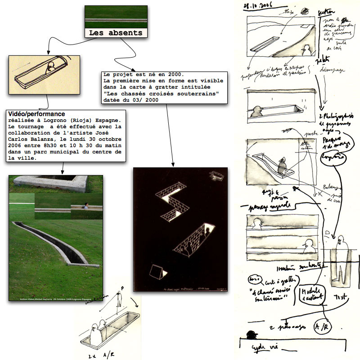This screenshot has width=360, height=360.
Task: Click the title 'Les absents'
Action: [115, 33]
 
